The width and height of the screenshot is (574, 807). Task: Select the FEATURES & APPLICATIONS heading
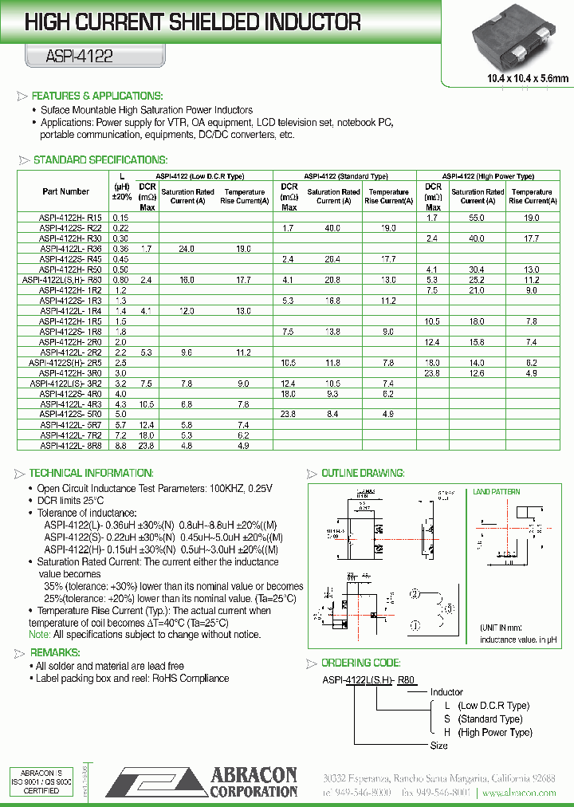tap(96, 96)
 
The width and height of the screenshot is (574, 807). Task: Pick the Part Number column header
tap(66, 191)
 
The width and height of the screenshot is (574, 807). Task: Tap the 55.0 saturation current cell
tap(477, 217)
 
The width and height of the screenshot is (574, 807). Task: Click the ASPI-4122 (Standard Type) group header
tap(346, 176)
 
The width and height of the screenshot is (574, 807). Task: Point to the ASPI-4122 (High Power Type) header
tap(488, 176)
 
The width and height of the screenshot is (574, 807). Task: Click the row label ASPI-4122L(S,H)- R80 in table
tap(62, 280)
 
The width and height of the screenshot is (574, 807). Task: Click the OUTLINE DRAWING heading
tap(362, 473)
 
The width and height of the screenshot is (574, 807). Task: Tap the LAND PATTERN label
tap(496, 492)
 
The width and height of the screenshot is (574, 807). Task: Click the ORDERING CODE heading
tap(360, 663)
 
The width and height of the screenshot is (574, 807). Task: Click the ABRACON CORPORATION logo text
tap(254, 782)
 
